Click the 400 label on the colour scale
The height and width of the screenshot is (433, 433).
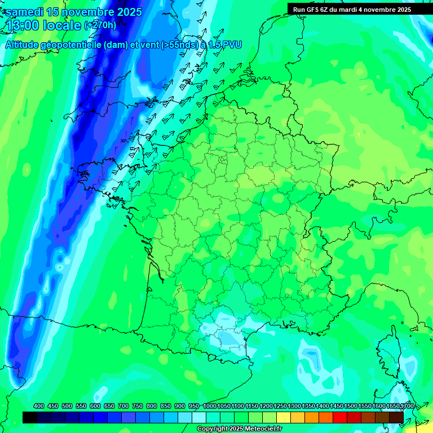pyautogui.click(x=39, y=407)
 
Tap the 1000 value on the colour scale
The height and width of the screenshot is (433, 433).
pyautogui.click(x=210, y=407)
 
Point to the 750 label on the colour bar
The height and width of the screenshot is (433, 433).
pyautogui.click(x=138, y=407)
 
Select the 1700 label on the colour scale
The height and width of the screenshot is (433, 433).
pyautogui.click(x=407, y=407)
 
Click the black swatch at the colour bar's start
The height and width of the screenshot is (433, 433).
pyautogui.click(x=30, y=417)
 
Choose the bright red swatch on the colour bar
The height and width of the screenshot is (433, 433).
pyautogui.click(x=340, y=417)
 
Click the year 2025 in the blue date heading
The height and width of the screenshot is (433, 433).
pyautogui.click(x=127, y=12)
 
